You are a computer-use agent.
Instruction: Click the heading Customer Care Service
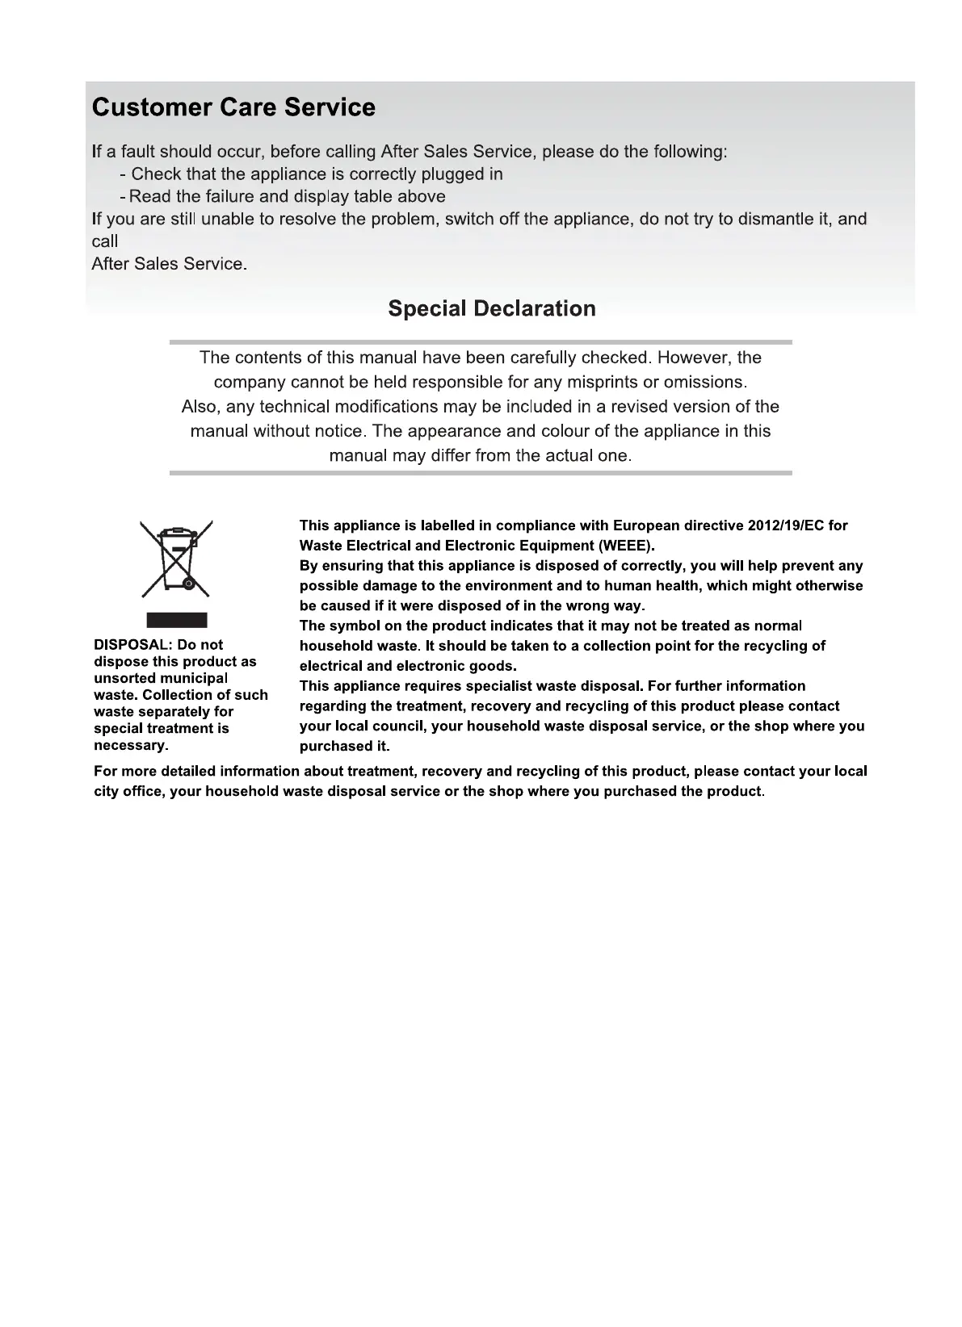pyautogui.click(x=233, y=107)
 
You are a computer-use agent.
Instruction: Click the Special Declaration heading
pyautogui.click(x=492, y=308)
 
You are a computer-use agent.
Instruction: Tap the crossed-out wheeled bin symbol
pyautogui.click(x=177, y=559)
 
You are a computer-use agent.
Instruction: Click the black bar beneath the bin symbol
pyautogui.click(x=177, y=620)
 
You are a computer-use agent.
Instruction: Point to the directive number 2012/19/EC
pyautogui.click(x=786, y=525)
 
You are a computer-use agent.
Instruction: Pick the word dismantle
pyautogui.click(x=776, y=219)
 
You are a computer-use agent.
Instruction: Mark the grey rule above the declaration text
pyautogui.click(x=481, y=342)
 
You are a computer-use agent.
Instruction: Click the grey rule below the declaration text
pyautogui.click(x=481, y=473)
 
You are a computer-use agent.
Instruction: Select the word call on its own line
pyautogui.click(x=105, y=241)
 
